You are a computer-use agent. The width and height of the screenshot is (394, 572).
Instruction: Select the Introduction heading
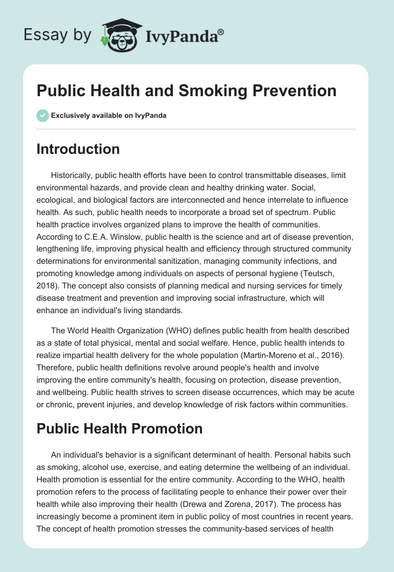(x=78, y=149)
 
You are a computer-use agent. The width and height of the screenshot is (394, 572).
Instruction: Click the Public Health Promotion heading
(x=119, y=429)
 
